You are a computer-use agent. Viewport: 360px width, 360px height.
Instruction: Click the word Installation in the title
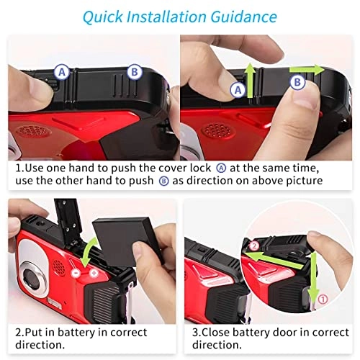(x=166, y=17)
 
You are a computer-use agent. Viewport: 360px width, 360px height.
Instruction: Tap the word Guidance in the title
(x=243, y=17)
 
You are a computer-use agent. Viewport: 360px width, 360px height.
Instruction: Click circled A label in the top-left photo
(x=62, y=71)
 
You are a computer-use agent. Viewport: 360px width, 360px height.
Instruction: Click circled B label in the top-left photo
(x=135, y=72)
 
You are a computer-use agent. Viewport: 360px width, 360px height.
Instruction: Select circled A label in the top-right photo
(x=238, y=90)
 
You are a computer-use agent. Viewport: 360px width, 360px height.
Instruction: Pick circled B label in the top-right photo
(x=297, y=82)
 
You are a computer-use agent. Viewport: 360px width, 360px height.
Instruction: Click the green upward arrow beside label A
(x=250, y=80)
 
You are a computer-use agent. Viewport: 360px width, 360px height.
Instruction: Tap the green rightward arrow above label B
(x=307, y=70)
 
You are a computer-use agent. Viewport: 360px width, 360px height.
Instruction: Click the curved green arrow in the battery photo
(x=88, y=250)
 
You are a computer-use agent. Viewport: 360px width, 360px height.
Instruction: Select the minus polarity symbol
(x=76, y=273)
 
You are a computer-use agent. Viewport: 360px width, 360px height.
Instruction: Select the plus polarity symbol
(x=94, y=273)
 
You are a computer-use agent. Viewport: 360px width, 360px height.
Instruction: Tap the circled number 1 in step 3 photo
(x=323, y=300)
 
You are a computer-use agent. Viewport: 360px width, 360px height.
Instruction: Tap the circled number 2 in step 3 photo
(x=254, y=246)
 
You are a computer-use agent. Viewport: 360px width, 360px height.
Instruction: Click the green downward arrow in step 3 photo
(x=313, y=279)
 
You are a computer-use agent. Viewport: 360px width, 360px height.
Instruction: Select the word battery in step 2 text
(x=76, y=333)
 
